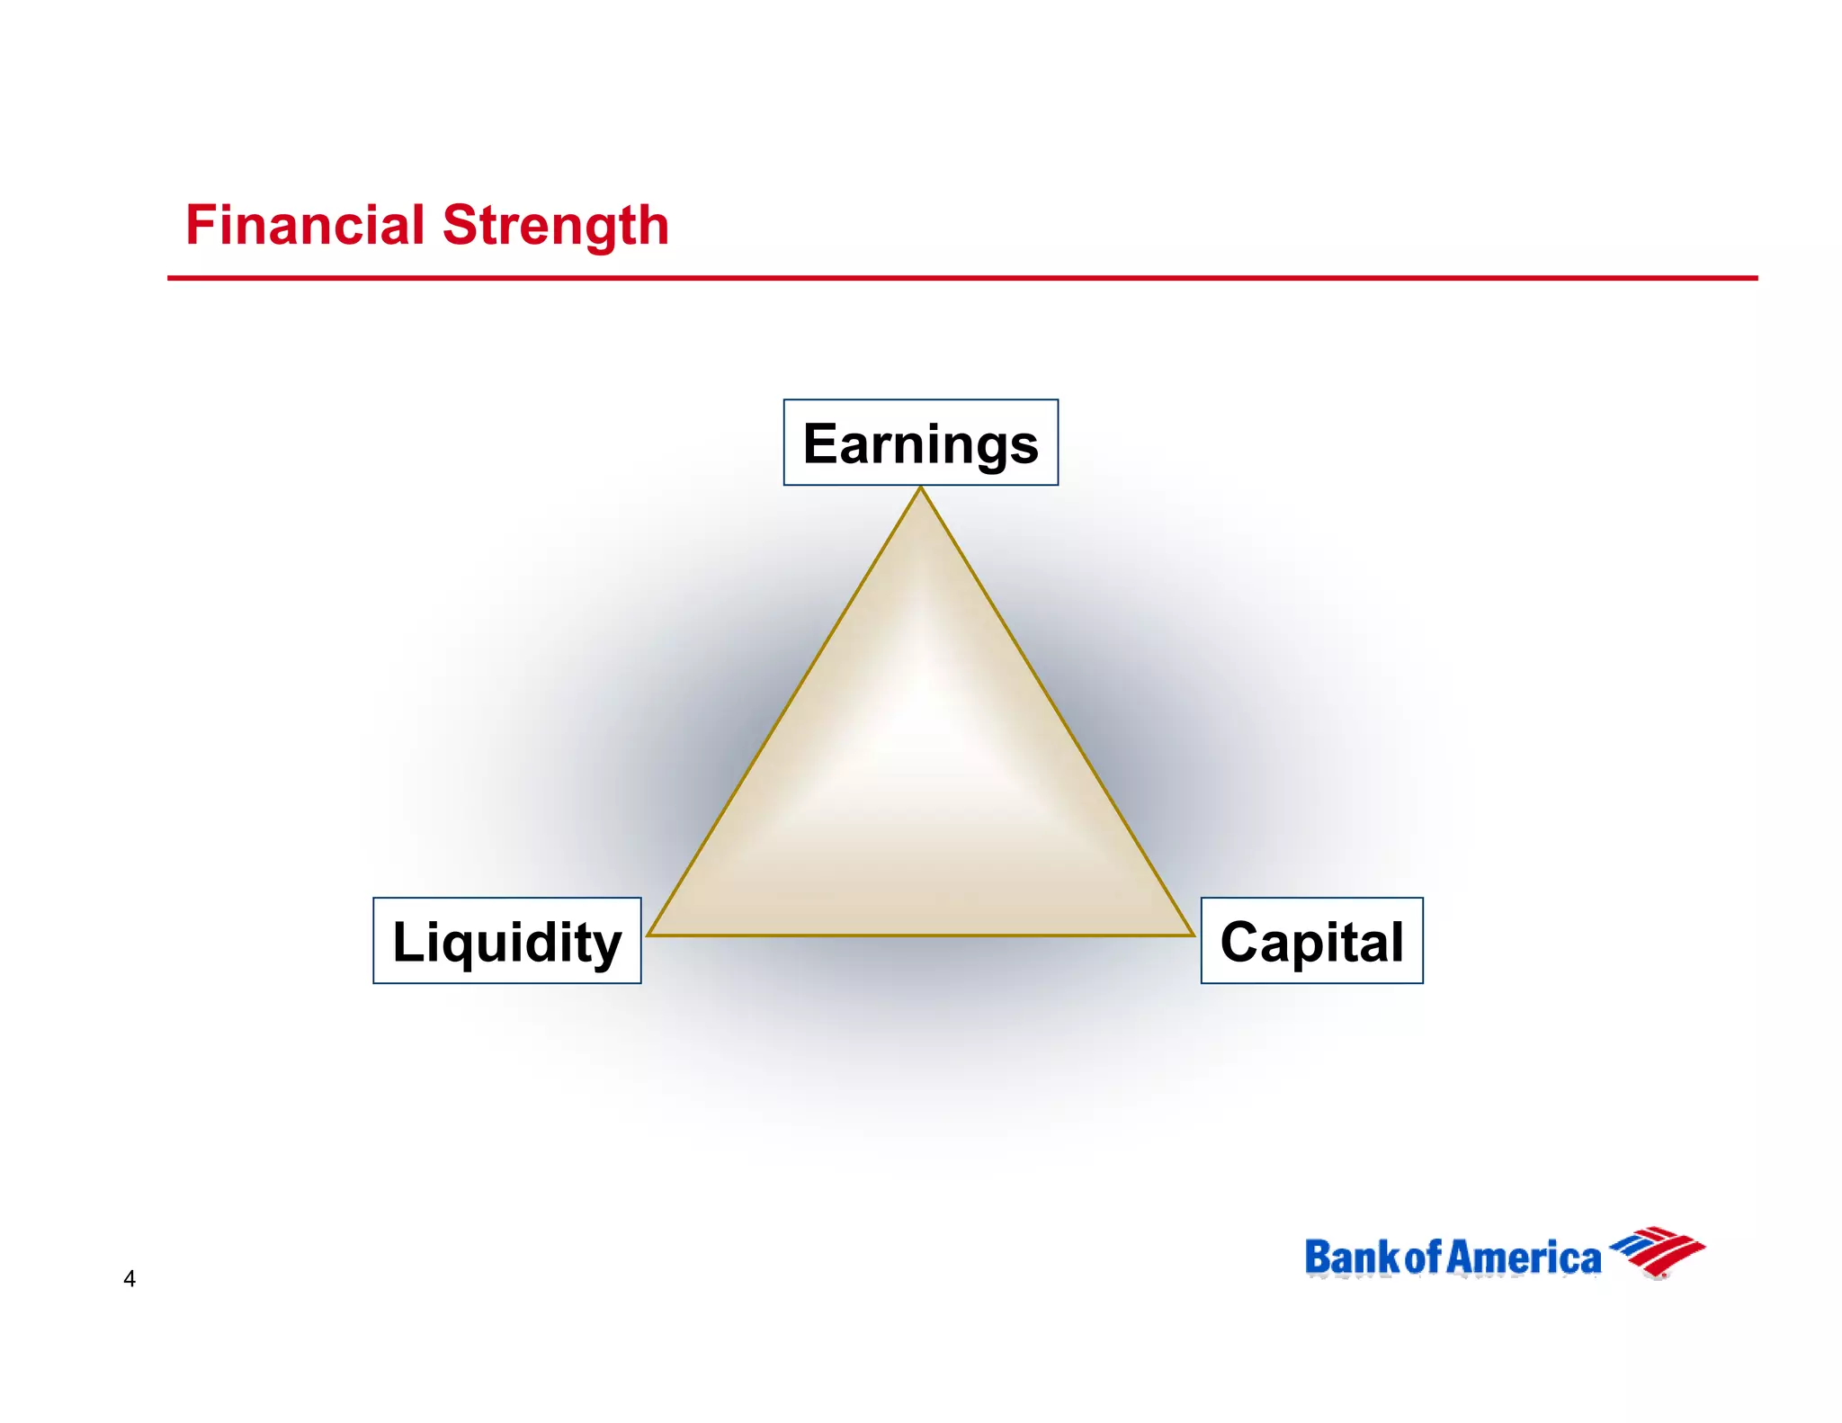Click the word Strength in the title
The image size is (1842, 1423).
(556, 227)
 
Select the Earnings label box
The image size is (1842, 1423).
(920, 443)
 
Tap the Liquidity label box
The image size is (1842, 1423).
(506, 941)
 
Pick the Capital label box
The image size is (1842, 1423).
(1311, 941)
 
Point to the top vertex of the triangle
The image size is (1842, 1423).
(920, 489)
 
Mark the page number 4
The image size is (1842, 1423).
(130, 1278)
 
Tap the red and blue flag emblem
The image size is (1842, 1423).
(1657, 1251)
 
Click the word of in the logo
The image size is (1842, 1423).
(1424, 1257)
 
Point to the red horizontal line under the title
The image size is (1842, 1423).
(962, 278)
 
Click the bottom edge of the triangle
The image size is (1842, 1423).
(920, 935)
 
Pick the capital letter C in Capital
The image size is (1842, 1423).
(1241, 942)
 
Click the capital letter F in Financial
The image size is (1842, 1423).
(199, 225)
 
